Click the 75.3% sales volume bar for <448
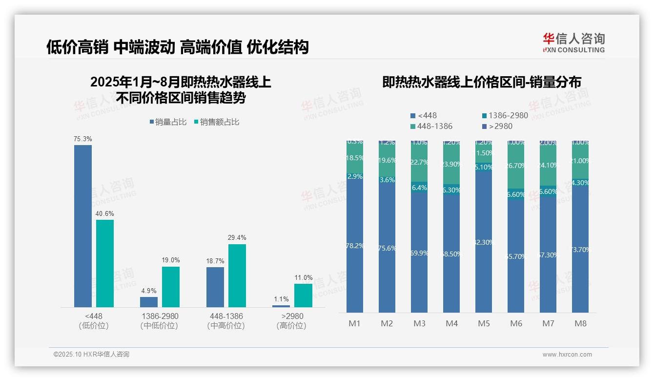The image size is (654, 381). (83, 226)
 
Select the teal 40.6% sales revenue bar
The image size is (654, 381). (105, 263)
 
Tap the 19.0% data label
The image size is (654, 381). (171, 260)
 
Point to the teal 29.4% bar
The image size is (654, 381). (237, 275)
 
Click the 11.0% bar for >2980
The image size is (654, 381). (303, 296)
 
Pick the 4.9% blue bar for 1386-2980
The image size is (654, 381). (149, 302)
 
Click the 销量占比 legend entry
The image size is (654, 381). (168, 122)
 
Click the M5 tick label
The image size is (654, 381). (484, 323)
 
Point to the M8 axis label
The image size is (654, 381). (580, 323)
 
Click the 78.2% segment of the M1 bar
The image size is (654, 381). (355, 246)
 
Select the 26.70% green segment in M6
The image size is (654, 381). (516, 166)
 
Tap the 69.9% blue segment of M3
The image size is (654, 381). (419, 253)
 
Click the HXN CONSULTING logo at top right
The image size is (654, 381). (573, 43)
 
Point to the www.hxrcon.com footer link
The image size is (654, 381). (567, 355)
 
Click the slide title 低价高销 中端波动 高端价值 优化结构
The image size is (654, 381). (178, 47)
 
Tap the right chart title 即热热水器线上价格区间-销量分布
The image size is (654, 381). (482, 83)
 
